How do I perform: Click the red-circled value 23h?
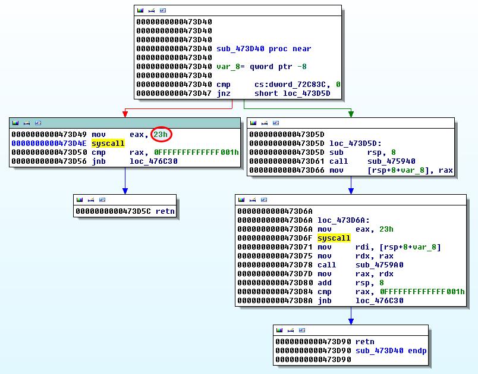pyautogui.click(x=161, y=135)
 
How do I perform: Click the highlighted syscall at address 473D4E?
pyautogui.click(x=108, y=144)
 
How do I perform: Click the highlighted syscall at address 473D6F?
pyautogui.click(x=334, y=238)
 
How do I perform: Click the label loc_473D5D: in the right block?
pyautogui.click(x=353, y=144)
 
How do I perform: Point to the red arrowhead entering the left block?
pyautogui.click(x=125, y=114)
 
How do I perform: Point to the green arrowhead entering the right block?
pyautogui.click(x=351, y=114)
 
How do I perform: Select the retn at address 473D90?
pyautogui.click(x=365, y=342)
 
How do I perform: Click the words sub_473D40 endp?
pyautogui.click(x=391, y=351)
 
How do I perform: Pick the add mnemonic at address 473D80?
pyautogui.click(x=325, y=283)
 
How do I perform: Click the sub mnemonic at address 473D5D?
pyautogui.click(x=337, y=152)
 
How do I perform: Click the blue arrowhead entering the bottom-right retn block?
pyautogui.click(x=351, y=322)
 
